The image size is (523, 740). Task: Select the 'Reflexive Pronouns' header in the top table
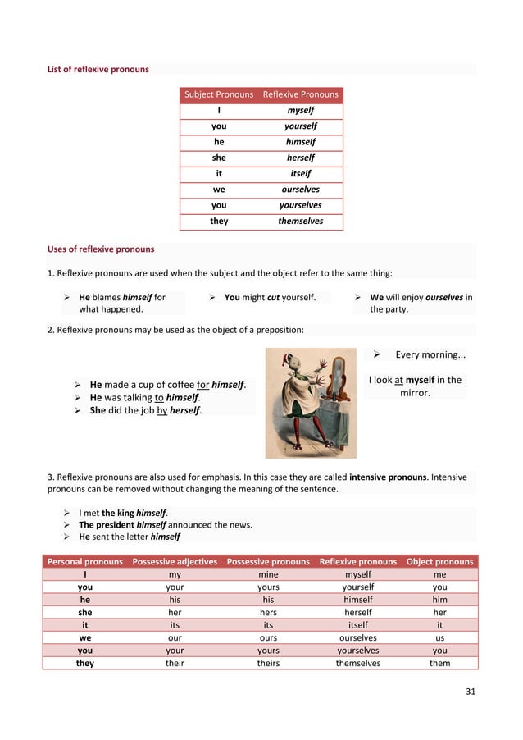(x=300, y=94)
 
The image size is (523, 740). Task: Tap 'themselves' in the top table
(x=300, y=221)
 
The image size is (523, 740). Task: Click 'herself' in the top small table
(x=300, y=158)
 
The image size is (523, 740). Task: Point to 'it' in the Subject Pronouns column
(x=219, y=173)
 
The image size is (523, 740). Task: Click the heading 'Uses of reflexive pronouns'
(x=101, y=249)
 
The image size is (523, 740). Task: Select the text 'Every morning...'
(x=430, y=355)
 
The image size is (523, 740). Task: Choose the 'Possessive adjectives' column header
(x=175, y=562)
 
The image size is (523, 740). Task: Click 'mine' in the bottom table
(x=268, y=575)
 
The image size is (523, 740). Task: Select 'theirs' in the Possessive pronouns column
(x=268, y=663)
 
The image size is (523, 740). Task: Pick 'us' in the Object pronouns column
(x=440, y=637)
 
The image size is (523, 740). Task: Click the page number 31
(x=470, y=692)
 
